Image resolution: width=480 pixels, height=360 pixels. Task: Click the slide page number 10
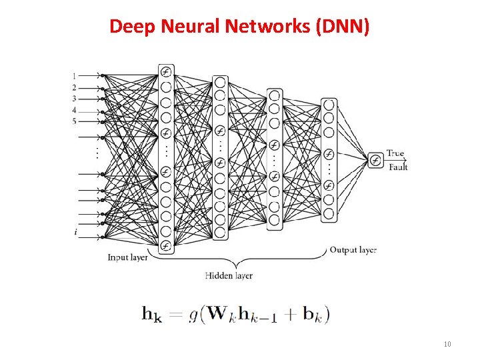pos(447,344)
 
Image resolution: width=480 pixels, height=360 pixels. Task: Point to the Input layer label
pos(129,257)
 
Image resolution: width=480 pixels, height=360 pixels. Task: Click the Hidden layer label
pos(229,275)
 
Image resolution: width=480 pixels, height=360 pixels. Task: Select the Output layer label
pos(353,250)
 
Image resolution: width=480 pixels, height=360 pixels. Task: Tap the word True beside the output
pos(395,153)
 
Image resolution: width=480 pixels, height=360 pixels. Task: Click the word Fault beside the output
pos(397,167)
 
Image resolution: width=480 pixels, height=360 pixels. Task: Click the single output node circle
pos(375,160)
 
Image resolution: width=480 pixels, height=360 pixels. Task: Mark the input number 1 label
pos(74,75)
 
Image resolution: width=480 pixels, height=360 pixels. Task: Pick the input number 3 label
pos(74,99)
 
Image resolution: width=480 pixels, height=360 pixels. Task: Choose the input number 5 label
pos(74,121)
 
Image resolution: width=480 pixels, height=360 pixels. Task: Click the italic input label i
pos(75,232)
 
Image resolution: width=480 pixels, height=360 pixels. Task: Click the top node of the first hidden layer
pos(165,72)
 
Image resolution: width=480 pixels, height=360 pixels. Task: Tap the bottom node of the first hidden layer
pos(165,246)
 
